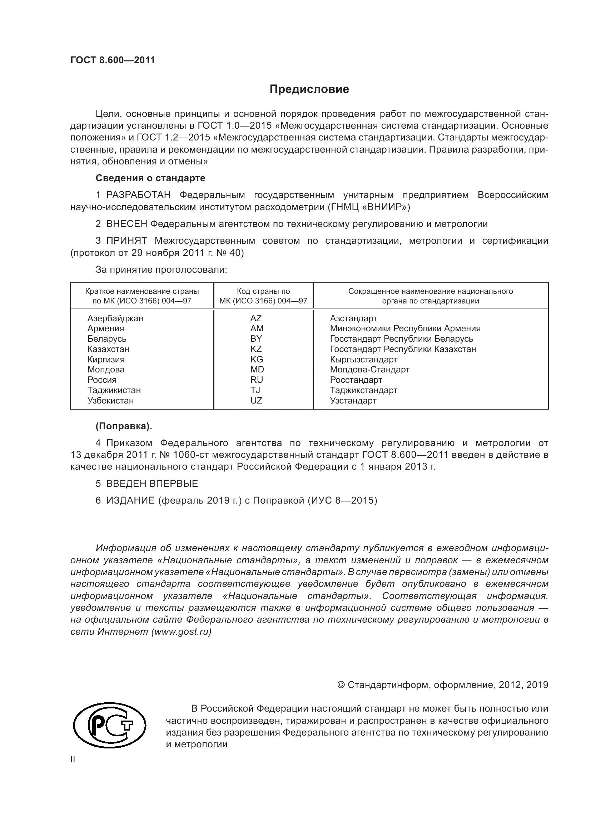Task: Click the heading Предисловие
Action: click(309, 89)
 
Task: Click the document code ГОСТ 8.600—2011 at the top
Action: click(113, 60)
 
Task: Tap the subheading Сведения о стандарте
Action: click(150, 178)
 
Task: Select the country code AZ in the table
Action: click(256, 318)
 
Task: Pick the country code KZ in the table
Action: click(256, 349)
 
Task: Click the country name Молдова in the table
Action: click(106, 370)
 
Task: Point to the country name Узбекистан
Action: click(111, 401)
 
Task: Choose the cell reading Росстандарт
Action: click(356, 380)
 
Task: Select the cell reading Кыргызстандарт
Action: click(363, 359)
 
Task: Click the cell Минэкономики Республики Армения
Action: click(405, 328)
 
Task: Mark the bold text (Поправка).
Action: click(124, 426)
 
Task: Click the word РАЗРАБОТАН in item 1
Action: click(138, 195)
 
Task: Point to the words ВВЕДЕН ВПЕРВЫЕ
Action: click(152, 484)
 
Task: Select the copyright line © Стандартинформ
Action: click(442, 685)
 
